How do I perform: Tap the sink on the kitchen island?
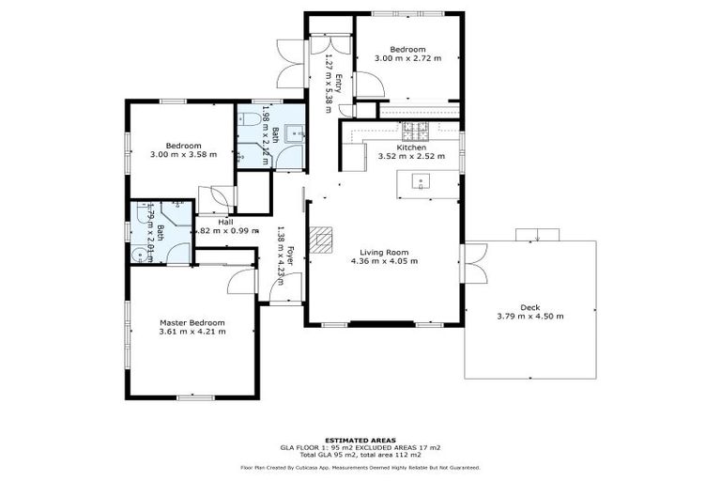pos(422,181)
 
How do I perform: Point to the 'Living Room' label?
pos(385,252)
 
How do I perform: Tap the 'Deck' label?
pos(530,307)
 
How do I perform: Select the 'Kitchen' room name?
pos(411,147)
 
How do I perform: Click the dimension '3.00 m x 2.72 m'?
pos(407,58)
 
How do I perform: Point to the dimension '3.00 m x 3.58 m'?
pos(183,155)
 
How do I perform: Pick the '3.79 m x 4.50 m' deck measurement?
pos(530,317)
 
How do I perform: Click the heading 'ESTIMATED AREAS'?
pos(360,440)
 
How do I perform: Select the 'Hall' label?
pos(225,222)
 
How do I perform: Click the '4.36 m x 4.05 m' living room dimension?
pos(385,261)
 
